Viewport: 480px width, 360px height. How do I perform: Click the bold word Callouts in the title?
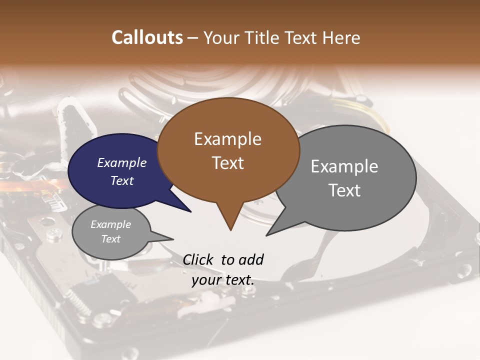[x=147, y=37]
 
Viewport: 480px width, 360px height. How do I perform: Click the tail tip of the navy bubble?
[x=191, y=212]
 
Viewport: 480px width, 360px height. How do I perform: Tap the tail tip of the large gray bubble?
[x=266, y=235]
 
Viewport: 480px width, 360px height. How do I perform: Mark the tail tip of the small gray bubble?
[x=173, y=239]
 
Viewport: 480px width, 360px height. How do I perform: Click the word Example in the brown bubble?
[x=227, y=139]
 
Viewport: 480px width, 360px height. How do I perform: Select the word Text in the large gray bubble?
[x=344, y=190]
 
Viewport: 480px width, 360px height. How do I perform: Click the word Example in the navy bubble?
[x=122, y=162]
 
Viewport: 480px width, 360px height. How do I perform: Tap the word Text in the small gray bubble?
[x=110, y=239]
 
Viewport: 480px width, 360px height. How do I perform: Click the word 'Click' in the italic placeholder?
[x=199, y=259]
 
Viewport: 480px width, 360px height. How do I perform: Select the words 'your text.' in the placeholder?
[x=223, y=280]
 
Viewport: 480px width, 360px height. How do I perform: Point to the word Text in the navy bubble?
[x=122, y=180]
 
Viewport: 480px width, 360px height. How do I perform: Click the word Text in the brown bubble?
[x=228, y=163]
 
